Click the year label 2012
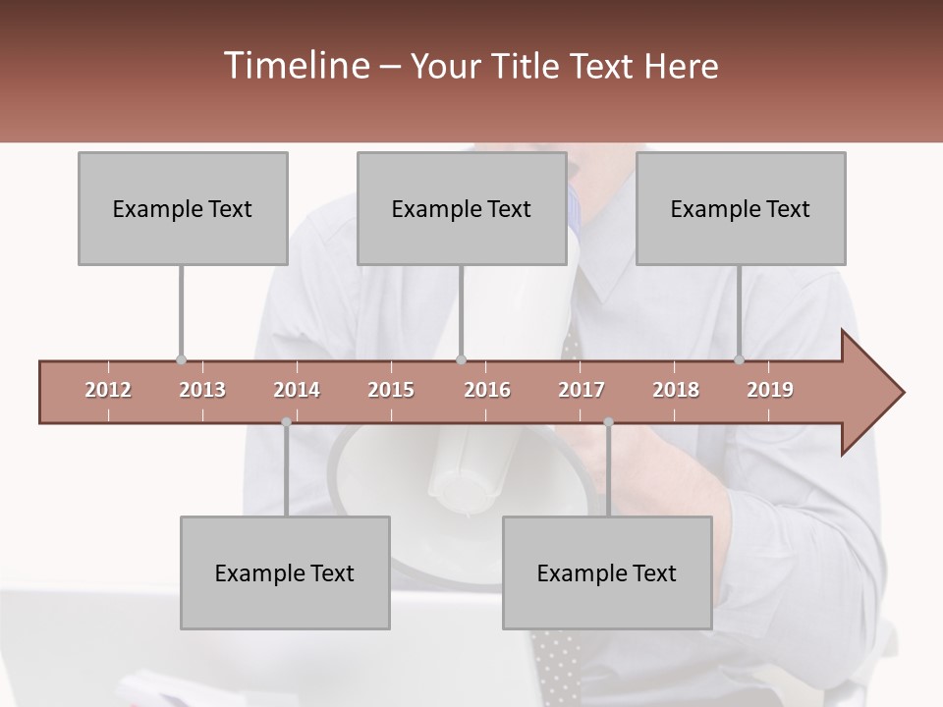pos(108,390)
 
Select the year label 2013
pos(202,390)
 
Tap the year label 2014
pos(297,390)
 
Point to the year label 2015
pos(391,390)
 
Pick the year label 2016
pos(487,390)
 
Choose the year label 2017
pos(582,390)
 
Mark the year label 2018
pos(676,390)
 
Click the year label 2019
pos(770,390)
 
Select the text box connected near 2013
pos(183,208)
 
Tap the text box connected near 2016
pos(462,208)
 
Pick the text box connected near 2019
pos(741,208)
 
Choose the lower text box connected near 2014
pos(285,572)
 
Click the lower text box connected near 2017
pos(607,572)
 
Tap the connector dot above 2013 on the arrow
pos(181,360)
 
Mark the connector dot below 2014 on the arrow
pos(286,422)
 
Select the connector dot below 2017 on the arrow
pos(608,422)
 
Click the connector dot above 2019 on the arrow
pos(740,360)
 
